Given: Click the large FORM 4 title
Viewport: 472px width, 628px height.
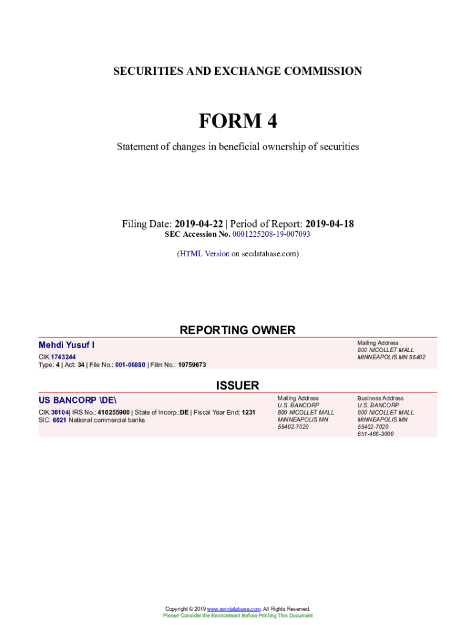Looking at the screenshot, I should (x=237, y=121).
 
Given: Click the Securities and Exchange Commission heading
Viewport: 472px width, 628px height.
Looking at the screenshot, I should (x=237, y=71).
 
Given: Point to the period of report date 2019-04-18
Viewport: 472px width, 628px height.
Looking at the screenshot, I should (x=329, y=224).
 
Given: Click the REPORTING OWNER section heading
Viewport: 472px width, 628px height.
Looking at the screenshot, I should (x=237, y=330).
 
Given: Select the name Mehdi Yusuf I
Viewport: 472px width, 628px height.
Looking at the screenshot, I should (x=67, y=345).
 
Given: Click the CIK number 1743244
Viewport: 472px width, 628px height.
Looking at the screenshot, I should (x=63, y=357).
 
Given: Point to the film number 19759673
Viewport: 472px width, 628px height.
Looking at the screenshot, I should (x=192, y=365).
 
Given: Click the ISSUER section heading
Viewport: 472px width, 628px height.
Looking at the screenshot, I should (x=237, y=385).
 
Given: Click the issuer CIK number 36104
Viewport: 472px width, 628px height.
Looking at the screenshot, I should (x=59, y=412).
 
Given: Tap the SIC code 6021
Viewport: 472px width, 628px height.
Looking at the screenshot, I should (x=59, y=420).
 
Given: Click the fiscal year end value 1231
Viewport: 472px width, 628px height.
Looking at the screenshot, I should (x=248, y=412).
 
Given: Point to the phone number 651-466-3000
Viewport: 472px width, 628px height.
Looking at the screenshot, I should (x=376, y=434).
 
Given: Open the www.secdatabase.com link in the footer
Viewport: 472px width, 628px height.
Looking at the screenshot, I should (x=234, y=609).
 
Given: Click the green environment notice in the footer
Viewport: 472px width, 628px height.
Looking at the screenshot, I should (x=237, y=615).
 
